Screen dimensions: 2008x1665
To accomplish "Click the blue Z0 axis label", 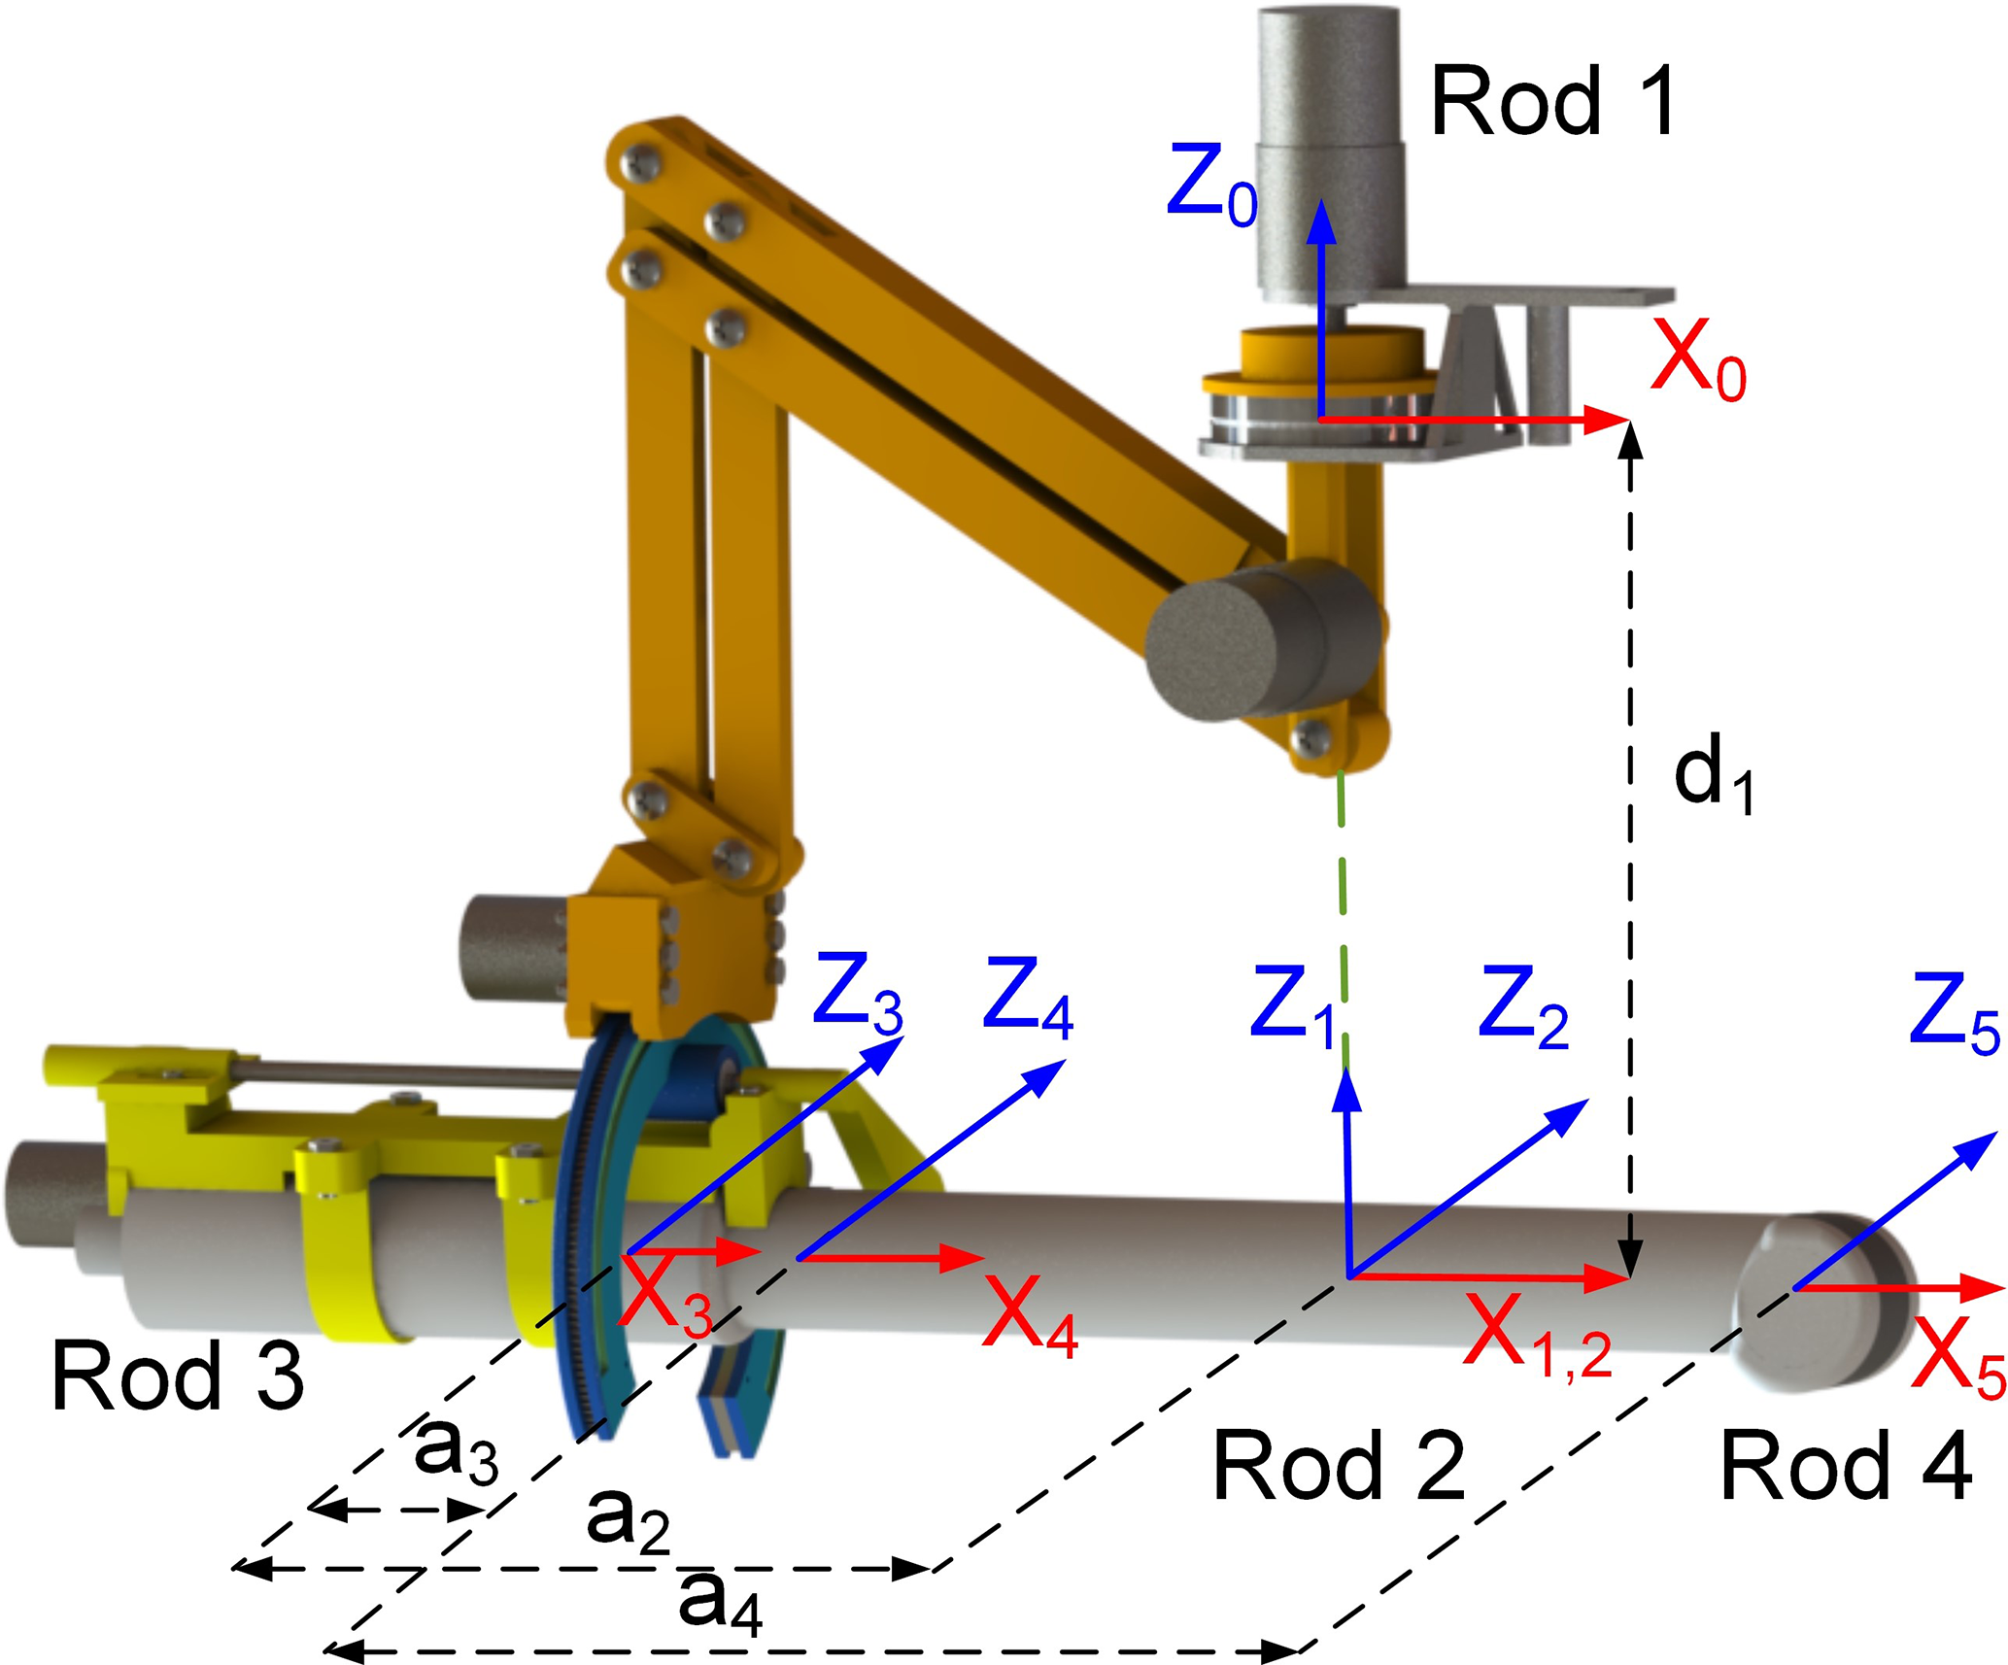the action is [x=1212, y=186].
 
